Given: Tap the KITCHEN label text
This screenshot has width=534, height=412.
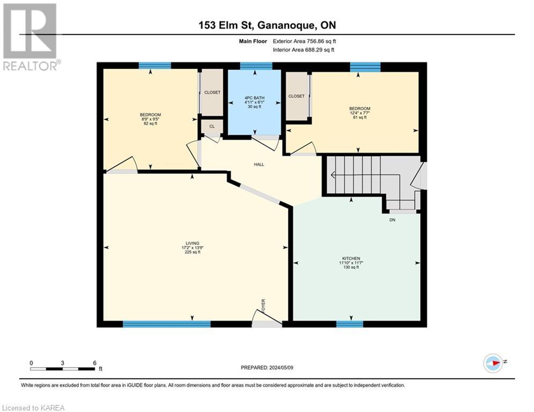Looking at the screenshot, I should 352,258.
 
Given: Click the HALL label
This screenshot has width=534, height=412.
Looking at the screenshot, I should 259,165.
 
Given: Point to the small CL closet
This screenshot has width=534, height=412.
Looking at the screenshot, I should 212,127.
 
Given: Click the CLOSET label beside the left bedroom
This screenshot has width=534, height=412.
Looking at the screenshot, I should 212,92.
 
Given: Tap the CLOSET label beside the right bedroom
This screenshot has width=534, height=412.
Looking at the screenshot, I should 296,96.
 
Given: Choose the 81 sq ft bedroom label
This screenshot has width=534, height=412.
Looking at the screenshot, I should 359,113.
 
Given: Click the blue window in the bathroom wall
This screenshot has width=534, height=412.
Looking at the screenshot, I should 255,66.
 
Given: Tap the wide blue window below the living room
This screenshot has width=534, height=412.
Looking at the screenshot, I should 166,324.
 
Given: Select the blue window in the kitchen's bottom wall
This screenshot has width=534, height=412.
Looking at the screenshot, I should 349,324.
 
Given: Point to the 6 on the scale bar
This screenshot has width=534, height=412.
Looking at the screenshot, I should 94,363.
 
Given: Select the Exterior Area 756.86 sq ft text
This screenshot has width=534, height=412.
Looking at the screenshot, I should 304,41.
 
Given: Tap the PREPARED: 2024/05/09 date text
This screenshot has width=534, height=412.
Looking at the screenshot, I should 267,367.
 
